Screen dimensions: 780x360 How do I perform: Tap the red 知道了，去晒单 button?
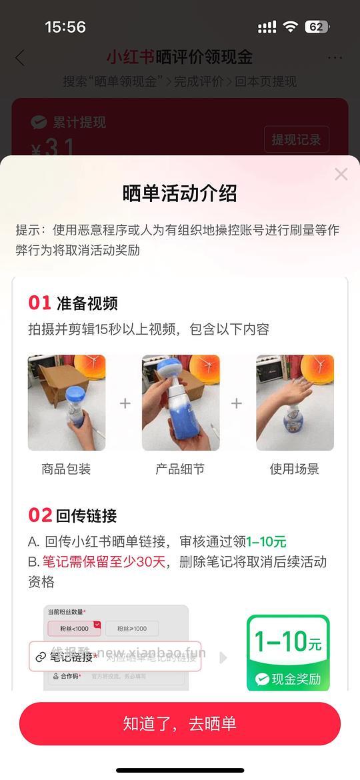click(180, 723)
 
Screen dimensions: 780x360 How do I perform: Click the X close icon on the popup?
click(341, 175)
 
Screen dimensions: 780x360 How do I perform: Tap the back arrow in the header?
click(20, 58)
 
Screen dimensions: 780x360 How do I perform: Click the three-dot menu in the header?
click(335, 58)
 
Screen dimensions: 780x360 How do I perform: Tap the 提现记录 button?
click(296, 140)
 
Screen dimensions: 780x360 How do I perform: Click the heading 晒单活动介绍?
click(180, 194)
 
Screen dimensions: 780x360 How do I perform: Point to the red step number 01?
click(39, 303)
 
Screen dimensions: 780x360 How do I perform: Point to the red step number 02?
click(40, 515)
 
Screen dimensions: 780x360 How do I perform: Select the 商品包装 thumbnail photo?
click(67, 403)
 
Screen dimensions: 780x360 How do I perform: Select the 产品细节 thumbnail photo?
click(181, 403)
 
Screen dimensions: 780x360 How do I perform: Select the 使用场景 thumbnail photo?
click(295, 403)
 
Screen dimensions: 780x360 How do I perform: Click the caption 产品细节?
click(181, 469)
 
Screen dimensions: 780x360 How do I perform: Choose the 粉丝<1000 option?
click(74, 629)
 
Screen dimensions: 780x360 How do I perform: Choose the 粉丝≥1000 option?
click(131, 629)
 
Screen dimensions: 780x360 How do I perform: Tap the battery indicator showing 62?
click(316, 27)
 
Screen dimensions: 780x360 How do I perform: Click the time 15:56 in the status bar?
click(65, 27)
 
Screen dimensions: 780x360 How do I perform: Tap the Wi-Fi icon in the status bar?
click(290, 27)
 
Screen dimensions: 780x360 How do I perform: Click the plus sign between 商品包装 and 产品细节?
click(125, 403)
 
